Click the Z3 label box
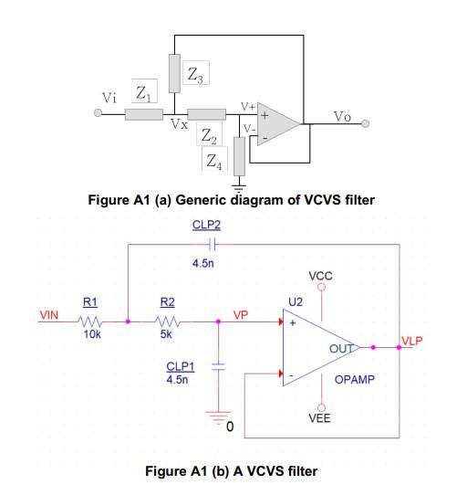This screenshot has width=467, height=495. click(197, 77)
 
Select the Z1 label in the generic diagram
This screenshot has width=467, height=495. click(145, 91)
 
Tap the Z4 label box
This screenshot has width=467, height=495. click(213, 163)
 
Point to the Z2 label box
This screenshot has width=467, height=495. click(210, 136)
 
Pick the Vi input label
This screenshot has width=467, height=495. click(109, 97)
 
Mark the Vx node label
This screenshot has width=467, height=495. click(180, 124)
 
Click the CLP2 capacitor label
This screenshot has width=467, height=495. click(205, 223)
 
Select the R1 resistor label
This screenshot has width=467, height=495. click(90, 300)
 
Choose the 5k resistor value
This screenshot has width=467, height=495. click(166, 335)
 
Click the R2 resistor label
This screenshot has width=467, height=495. click(167, 300)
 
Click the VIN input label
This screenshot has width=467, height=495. click(48, 316)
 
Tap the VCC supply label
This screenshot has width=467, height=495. click(320, 275)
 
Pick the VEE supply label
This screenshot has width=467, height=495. click(320, 417)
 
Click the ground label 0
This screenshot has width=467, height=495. click(230, 426)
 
